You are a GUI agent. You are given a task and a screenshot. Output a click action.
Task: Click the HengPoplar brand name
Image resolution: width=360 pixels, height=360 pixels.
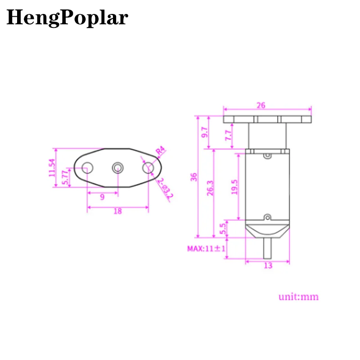(67, 18)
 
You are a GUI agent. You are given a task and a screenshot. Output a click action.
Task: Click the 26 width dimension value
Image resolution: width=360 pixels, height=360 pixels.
(261, 105)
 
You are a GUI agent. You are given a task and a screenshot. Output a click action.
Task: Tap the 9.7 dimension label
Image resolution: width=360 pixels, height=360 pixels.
(205, 133)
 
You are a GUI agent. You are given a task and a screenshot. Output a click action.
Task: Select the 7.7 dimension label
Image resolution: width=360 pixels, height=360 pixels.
(228, 135)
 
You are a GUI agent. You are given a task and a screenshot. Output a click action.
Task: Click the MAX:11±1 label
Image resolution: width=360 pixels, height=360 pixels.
(206, 248)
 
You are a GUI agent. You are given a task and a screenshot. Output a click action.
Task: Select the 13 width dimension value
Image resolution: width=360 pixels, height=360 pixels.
(268, 265)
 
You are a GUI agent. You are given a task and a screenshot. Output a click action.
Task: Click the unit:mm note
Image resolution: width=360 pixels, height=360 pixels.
(298, 297)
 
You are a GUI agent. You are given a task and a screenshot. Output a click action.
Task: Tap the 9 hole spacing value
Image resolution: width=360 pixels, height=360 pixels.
(102, 197)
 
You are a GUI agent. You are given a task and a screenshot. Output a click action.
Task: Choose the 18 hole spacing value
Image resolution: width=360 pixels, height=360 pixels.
(117, 211)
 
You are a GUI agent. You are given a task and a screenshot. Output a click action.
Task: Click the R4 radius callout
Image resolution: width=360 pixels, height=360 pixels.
(160, 151)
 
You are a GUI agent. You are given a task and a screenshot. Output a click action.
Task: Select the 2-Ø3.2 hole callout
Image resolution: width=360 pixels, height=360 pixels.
(165, 189)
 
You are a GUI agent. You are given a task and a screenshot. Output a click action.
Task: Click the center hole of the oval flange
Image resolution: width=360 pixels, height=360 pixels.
(117, 168)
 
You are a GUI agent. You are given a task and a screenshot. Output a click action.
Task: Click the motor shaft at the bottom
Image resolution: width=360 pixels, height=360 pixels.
(268, 248)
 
